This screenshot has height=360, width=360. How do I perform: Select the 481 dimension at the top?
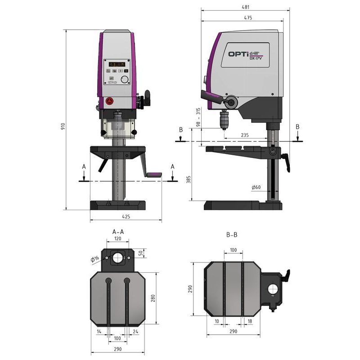pos(245,7)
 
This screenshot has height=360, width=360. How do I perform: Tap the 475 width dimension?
pos(247,18)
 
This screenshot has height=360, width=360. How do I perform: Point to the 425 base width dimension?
pos(126,216)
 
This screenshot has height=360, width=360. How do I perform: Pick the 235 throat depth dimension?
pos(245,135)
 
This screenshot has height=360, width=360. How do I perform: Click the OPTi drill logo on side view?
pos(246,54)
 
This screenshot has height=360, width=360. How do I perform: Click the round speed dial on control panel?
pos(125,80)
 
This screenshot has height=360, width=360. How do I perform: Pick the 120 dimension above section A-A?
pos(118,238)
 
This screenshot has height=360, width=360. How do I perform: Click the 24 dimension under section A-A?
pos(135,331)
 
